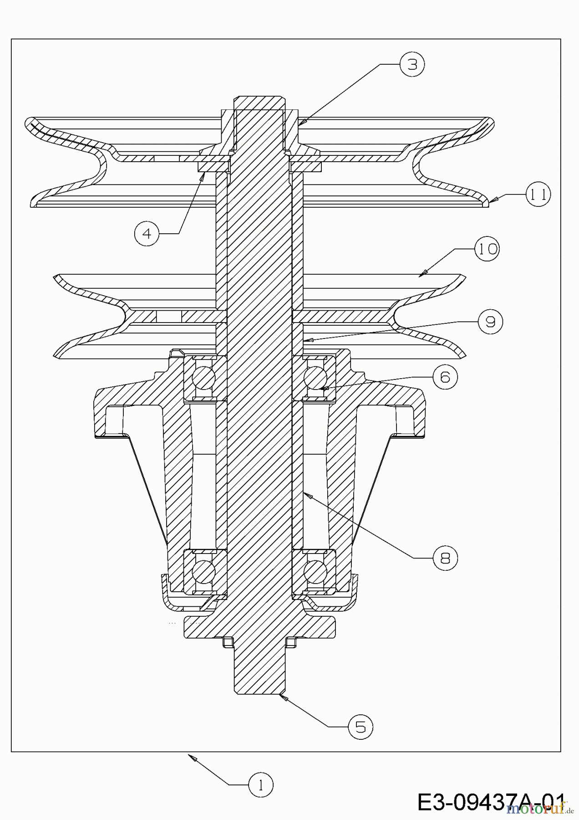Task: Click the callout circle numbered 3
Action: (x=412, y=64)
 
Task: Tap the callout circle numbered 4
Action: (x=147, y=233)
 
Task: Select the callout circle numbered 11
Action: (x=538, y=195)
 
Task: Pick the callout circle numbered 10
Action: (x=487, y=249)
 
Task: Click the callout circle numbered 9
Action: (x=490, y=322)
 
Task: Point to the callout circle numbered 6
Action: (x=445, y=377)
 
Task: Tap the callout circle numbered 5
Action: (x=361, y=727)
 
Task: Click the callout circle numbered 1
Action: (x=261, y=784)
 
